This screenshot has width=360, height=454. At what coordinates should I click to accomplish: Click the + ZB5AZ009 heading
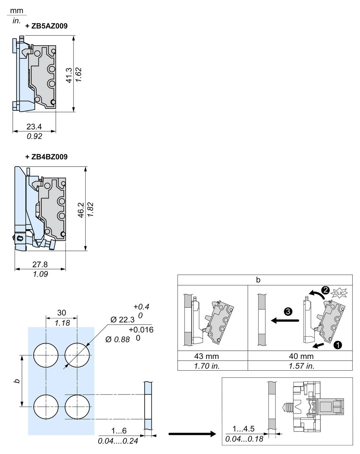point(46,26)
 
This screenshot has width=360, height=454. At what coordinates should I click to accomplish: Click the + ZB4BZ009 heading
point(46,157)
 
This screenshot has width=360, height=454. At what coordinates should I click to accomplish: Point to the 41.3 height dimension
point(69,75)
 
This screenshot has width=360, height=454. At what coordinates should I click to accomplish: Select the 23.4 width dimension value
point(34,127)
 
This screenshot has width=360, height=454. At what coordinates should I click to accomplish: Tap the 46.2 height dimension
point(81,210)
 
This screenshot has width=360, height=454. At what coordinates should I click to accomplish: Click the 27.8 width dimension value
point(40,264)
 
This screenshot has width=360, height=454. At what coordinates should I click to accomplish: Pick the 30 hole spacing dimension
point(62,313)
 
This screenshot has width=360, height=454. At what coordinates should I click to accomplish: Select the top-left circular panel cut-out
point(46,355)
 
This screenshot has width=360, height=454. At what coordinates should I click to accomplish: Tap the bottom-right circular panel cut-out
point(77,406)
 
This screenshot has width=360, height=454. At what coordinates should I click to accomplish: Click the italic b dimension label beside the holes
point(17,381)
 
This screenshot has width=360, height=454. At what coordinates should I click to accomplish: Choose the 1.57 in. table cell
point(301,366)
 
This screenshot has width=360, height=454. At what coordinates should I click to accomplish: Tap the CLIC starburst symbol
point(339,293)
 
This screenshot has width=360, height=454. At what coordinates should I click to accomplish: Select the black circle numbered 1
point(338,345)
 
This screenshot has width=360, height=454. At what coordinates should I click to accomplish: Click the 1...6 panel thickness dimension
point(119,430)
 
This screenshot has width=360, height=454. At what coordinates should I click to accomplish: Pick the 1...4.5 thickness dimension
point(243,429)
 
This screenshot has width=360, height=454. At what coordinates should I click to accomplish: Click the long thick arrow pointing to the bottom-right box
point(192,434)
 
